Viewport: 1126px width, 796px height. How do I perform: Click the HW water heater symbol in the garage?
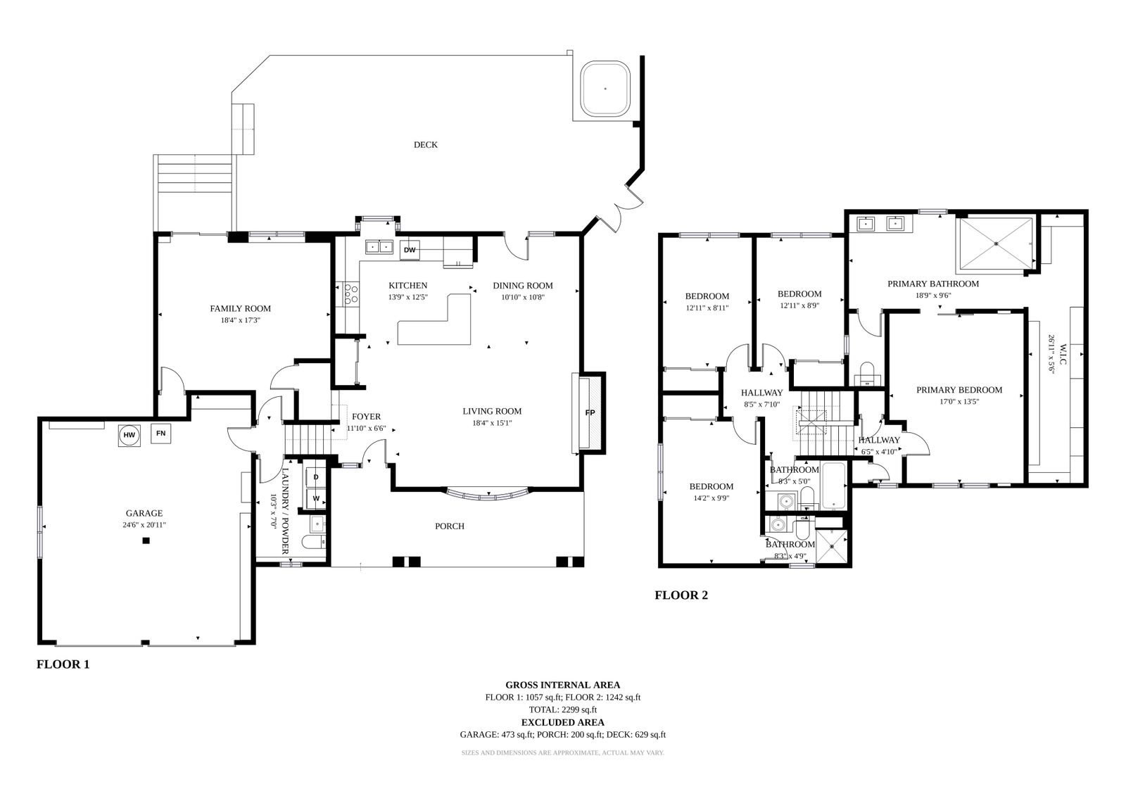click(x=129, y=436)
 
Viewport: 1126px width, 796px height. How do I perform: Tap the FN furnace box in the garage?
click(x=161, y=434)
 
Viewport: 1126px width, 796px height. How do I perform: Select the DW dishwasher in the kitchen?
click(x=410, y=250)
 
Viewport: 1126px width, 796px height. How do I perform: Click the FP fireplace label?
click(x=590, y=413)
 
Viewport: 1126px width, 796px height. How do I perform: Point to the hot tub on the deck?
click(x=605, y=89)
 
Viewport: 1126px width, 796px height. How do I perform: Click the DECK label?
click(x=425, y=145)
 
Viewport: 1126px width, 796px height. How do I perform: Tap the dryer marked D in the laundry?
click(x=316, y=476)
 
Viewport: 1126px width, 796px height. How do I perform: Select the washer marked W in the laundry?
click(x=316, y=498)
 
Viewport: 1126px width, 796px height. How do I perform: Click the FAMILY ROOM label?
click(x=240, y=309)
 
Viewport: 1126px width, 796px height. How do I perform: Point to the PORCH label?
click(x=450, y=526)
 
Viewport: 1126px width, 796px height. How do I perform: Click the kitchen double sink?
click(x=379, y=248)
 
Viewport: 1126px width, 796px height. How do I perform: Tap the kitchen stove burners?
click(x=351, y=294)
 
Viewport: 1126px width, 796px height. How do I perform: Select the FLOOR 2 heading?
click(x=681, y=595)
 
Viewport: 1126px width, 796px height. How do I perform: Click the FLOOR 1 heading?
click(x=63, y=664)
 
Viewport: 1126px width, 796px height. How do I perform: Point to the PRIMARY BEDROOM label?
click(x=959, y=390)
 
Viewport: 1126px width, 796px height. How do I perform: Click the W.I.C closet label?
click(x=1063, y=355)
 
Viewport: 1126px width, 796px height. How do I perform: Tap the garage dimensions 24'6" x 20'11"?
click(x=144, y=525)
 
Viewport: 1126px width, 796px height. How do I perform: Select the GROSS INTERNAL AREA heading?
click(x=562, y=685)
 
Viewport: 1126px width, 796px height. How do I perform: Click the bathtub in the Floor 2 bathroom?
click(x=833, y=485)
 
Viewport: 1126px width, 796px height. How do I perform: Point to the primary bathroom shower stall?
click(x=997, y=244)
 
